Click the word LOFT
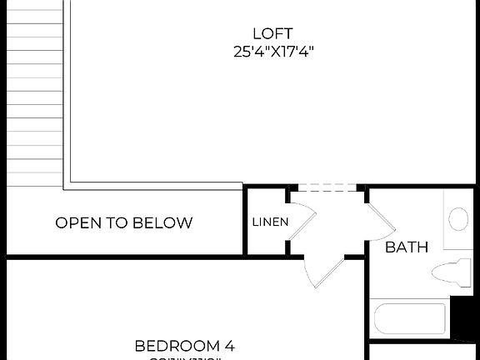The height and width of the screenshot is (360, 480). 273,33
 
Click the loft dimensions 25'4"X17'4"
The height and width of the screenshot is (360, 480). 273,52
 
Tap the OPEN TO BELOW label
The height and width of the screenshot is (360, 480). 124,222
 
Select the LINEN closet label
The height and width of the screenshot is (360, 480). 270,222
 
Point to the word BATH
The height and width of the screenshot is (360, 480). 407,247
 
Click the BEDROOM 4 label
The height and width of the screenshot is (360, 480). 185,345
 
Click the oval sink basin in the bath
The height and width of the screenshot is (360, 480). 458,219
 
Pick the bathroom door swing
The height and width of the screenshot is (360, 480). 380,218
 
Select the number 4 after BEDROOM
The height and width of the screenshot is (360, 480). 229,345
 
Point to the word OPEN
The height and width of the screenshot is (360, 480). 75,222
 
